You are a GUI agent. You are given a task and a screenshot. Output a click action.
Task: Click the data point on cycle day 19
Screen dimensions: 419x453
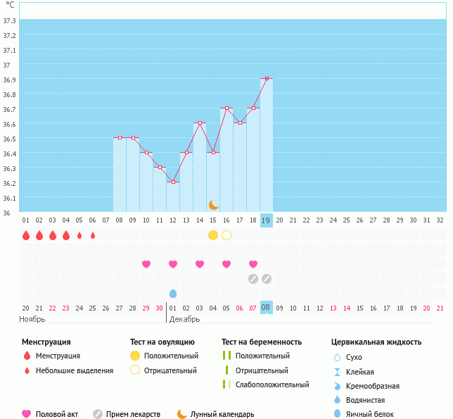267,79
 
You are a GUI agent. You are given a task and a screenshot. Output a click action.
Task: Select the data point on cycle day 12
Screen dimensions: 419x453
173,182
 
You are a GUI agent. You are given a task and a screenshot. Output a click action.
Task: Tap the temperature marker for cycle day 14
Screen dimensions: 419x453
200,123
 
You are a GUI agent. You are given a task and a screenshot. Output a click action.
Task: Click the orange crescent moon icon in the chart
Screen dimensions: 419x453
213,204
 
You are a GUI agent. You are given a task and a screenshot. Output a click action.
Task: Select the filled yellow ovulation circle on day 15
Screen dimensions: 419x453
213,235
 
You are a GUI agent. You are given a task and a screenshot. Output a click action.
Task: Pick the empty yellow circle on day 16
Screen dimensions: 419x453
226,235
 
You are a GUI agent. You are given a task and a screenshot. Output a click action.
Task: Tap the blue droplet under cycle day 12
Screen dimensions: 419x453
173,293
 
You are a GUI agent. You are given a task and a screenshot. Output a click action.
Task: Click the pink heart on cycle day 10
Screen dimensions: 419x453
146,264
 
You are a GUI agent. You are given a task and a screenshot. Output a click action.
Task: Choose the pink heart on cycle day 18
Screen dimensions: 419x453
253,264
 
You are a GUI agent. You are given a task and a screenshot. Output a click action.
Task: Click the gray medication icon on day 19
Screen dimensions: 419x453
267,279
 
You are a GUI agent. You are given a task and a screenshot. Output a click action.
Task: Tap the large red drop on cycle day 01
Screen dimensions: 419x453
26,235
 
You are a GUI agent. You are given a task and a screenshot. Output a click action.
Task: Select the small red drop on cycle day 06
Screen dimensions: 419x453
93,235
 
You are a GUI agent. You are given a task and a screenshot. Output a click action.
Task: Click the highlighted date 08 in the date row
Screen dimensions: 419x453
266,307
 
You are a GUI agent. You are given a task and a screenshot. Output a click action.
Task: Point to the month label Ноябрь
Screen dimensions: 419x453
32,319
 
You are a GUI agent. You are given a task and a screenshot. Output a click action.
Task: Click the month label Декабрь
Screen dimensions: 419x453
184,319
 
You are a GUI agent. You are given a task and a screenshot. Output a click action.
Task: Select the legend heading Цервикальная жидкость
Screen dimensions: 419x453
376,342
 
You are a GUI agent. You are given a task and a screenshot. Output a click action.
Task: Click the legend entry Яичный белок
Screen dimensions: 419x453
370,415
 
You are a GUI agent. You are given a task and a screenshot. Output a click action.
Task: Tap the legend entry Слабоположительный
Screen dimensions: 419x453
272,384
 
